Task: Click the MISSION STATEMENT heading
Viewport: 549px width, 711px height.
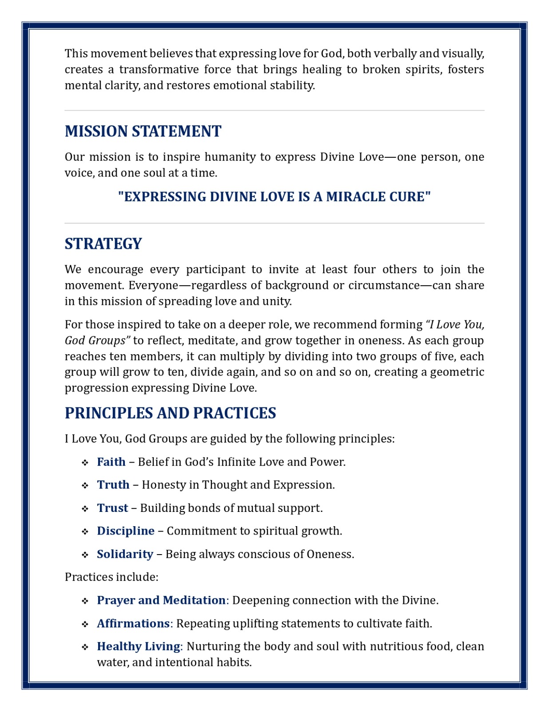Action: click(x=143, y=132)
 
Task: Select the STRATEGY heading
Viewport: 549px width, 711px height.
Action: click(x=103, y=244)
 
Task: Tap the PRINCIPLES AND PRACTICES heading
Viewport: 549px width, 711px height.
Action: click(x=170, y=413)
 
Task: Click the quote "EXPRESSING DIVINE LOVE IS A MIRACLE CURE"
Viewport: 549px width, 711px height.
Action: click(x=274, y=197)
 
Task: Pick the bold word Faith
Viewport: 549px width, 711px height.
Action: click(x=111, y=462)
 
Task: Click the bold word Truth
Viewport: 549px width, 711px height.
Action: click(x=113, y=485)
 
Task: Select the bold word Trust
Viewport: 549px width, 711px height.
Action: click(x=112, y=508)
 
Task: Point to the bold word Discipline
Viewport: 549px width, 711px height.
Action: click(x=126, y=531)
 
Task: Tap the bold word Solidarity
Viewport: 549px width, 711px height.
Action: click(x=125, y=554)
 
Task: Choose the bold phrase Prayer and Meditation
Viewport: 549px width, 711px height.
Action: click(x=161, y=600)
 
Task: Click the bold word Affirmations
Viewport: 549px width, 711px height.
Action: click(x=133, y=623)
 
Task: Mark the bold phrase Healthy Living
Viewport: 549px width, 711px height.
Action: click(x=139, y=647)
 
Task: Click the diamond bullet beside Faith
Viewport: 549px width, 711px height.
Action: click(x=85, y=463)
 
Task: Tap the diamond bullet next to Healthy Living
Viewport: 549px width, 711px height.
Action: click(x=85, y=647)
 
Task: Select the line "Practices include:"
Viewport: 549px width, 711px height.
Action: click(x=111, y=577)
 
